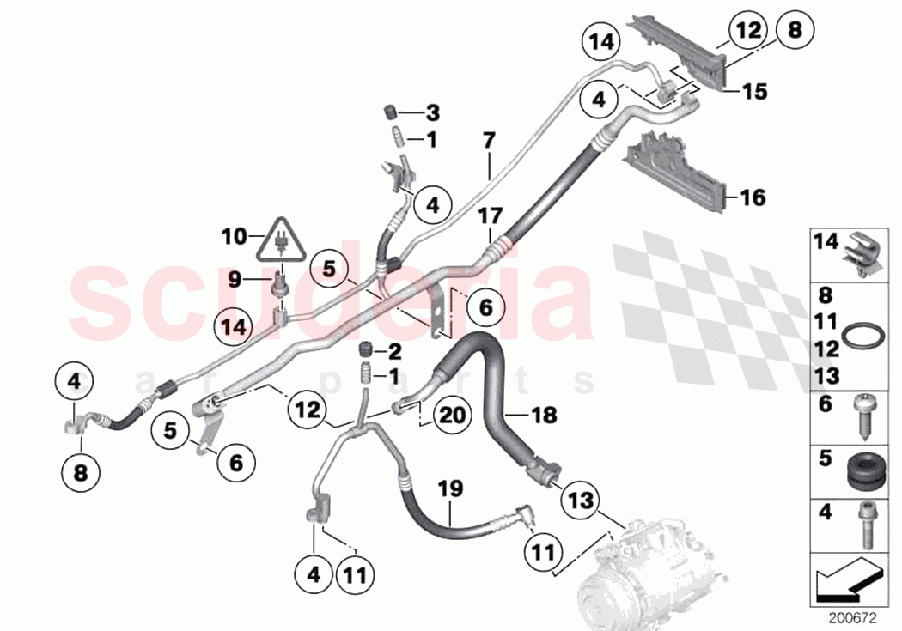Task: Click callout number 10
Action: point(234,234)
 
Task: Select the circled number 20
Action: point(454,414)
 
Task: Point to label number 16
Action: point(753,198)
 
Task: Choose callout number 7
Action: point(489,139)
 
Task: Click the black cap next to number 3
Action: point(387,112)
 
